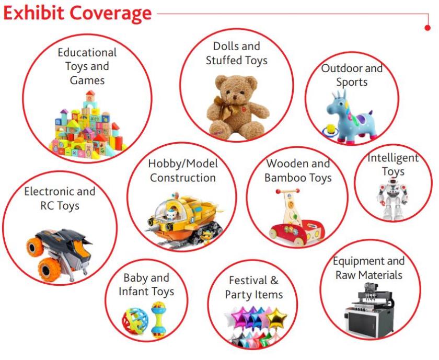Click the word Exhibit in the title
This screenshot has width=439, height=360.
point(34,13)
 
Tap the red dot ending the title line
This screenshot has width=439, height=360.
point(428,28)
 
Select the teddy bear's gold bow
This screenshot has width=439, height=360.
point(224,108)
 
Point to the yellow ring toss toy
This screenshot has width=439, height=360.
point(331,130)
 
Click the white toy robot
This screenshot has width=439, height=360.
point(392,199)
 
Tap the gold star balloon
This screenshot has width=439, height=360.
point(276,318)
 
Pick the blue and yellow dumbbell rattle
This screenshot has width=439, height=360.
point(159,319)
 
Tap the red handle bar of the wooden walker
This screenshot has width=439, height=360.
point(287,191)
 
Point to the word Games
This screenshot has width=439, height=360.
point(87,80)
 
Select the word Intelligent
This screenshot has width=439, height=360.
point(393,158)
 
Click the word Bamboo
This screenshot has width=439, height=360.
point(284,178)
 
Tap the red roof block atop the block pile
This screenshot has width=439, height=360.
point(90,92)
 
